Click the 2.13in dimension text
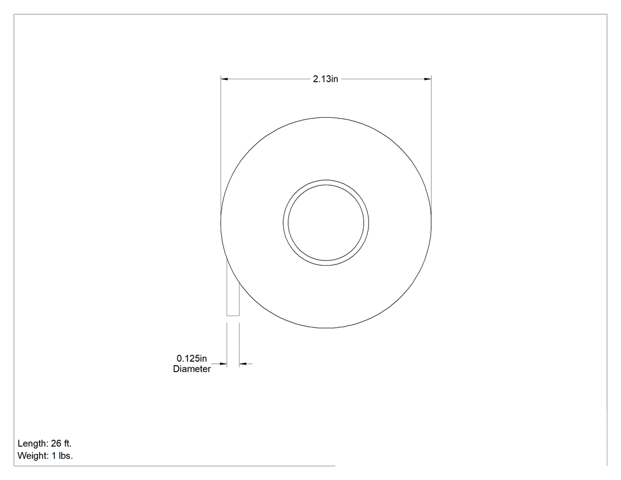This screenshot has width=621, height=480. point(325,79)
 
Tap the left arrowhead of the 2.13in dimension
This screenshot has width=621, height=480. point(224,79)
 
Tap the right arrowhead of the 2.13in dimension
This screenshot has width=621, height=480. point(428,79)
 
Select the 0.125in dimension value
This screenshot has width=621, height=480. point(192,358)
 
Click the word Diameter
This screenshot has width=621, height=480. point(192,369)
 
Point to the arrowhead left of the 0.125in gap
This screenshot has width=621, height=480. point(223,363)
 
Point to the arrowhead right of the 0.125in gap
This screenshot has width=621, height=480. point(242,363)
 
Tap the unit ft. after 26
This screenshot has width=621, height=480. point(68,443)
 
